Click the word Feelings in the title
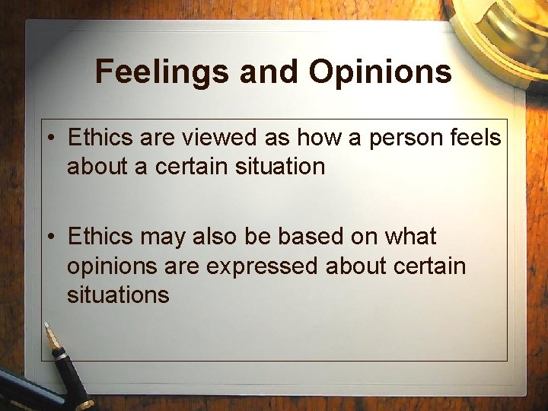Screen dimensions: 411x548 [161, 72]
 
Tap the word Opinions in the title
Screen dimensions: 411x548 [380, 72]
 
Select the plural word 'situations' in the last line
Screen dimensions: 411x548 [118, 295]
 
